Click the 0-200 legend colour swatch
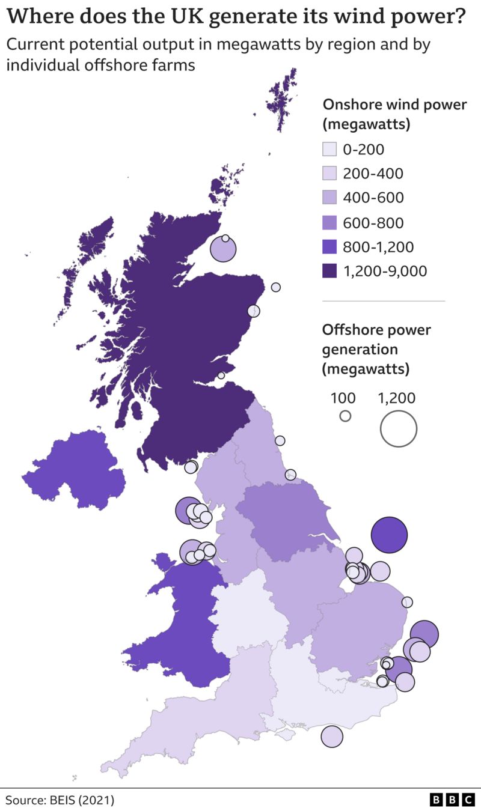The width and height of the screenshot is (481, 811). pos(329,150)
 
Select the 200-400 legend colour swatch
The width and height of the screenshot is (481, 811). pos(329,174)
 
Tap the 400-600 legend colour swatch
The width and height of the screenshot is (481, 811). pos(329,198)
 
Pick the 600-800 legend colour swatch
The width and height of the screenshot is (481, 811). pos(329,223)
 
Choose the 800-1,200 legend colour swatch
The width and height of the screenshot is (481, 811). pos(329,247)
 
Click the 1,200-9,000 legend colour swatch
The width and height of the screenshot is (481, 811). pos(329,271)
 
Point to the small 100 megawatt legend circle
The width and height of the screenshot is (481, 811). pos(345,416)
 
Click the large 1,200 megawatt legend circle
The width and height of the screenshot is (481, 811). pos(398,429)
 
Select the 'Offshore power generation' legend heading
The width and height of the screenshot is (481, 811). pos(376,348)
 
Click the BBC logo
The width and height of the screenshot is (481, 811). pos(452,800)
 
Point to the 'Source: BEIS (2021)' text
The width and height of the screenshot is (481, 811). pos(60,800)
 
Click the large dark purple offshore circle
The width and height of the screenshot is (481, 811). pos(389,535)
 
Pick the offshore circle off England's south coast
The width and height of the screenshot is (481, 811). pos(331,736)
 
